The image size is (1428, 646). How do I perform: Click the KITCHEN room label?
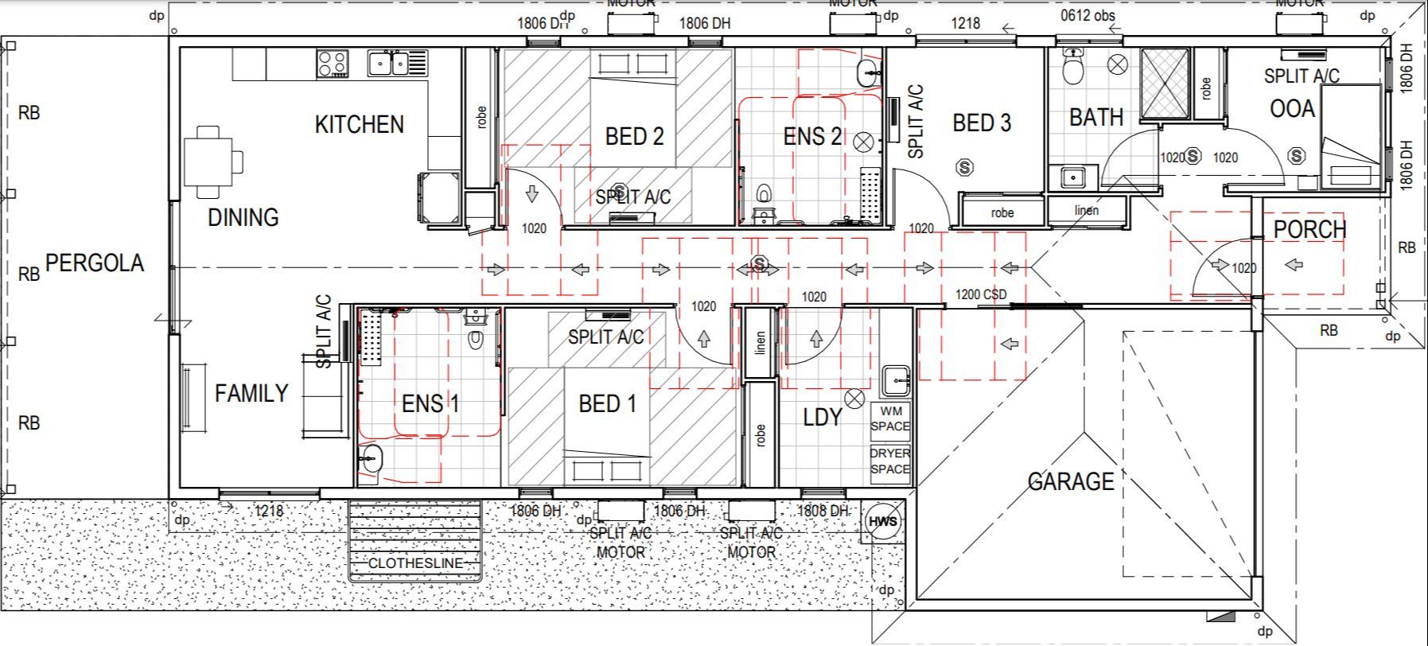[359, 124]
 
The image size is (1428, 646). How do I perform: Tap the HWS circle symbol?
[882, 522]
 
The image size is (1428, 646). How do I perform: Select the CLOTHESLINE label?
[414, 563]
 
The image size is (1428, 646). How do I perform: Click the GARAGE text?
[1070, 481]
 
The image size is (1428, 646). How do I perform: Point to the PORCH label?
[1309, 230]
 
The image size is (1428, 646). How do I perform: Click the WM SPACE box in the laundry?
[889, 419]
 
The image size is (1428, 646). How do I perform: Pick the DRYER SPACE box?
[889, 461]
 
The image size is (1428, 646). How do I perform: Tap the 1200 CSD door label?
[980, 294]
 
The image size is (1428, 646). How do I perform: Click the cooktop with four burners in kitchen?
[333, 63]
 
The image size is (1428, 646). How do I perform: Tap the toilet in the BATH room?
[1073, 67]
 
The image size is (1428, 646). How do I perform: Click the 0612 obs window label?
[1088, 15]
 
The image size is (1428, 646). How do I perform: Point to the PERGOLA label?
[94, 263]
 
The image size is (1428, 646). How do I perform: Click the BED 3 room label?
[982, 123]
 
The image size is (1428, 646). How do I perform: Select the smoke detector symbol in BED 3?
[964, 168]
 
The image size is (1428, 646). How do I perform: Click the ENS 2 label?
[811, 137]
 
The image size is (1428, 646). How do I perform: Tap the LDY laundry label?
[821, 417]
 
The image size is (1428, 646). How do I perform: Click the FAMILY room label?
[251, 393]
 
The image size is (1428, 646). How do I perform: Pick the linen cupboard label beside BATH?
[1086, 211]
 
